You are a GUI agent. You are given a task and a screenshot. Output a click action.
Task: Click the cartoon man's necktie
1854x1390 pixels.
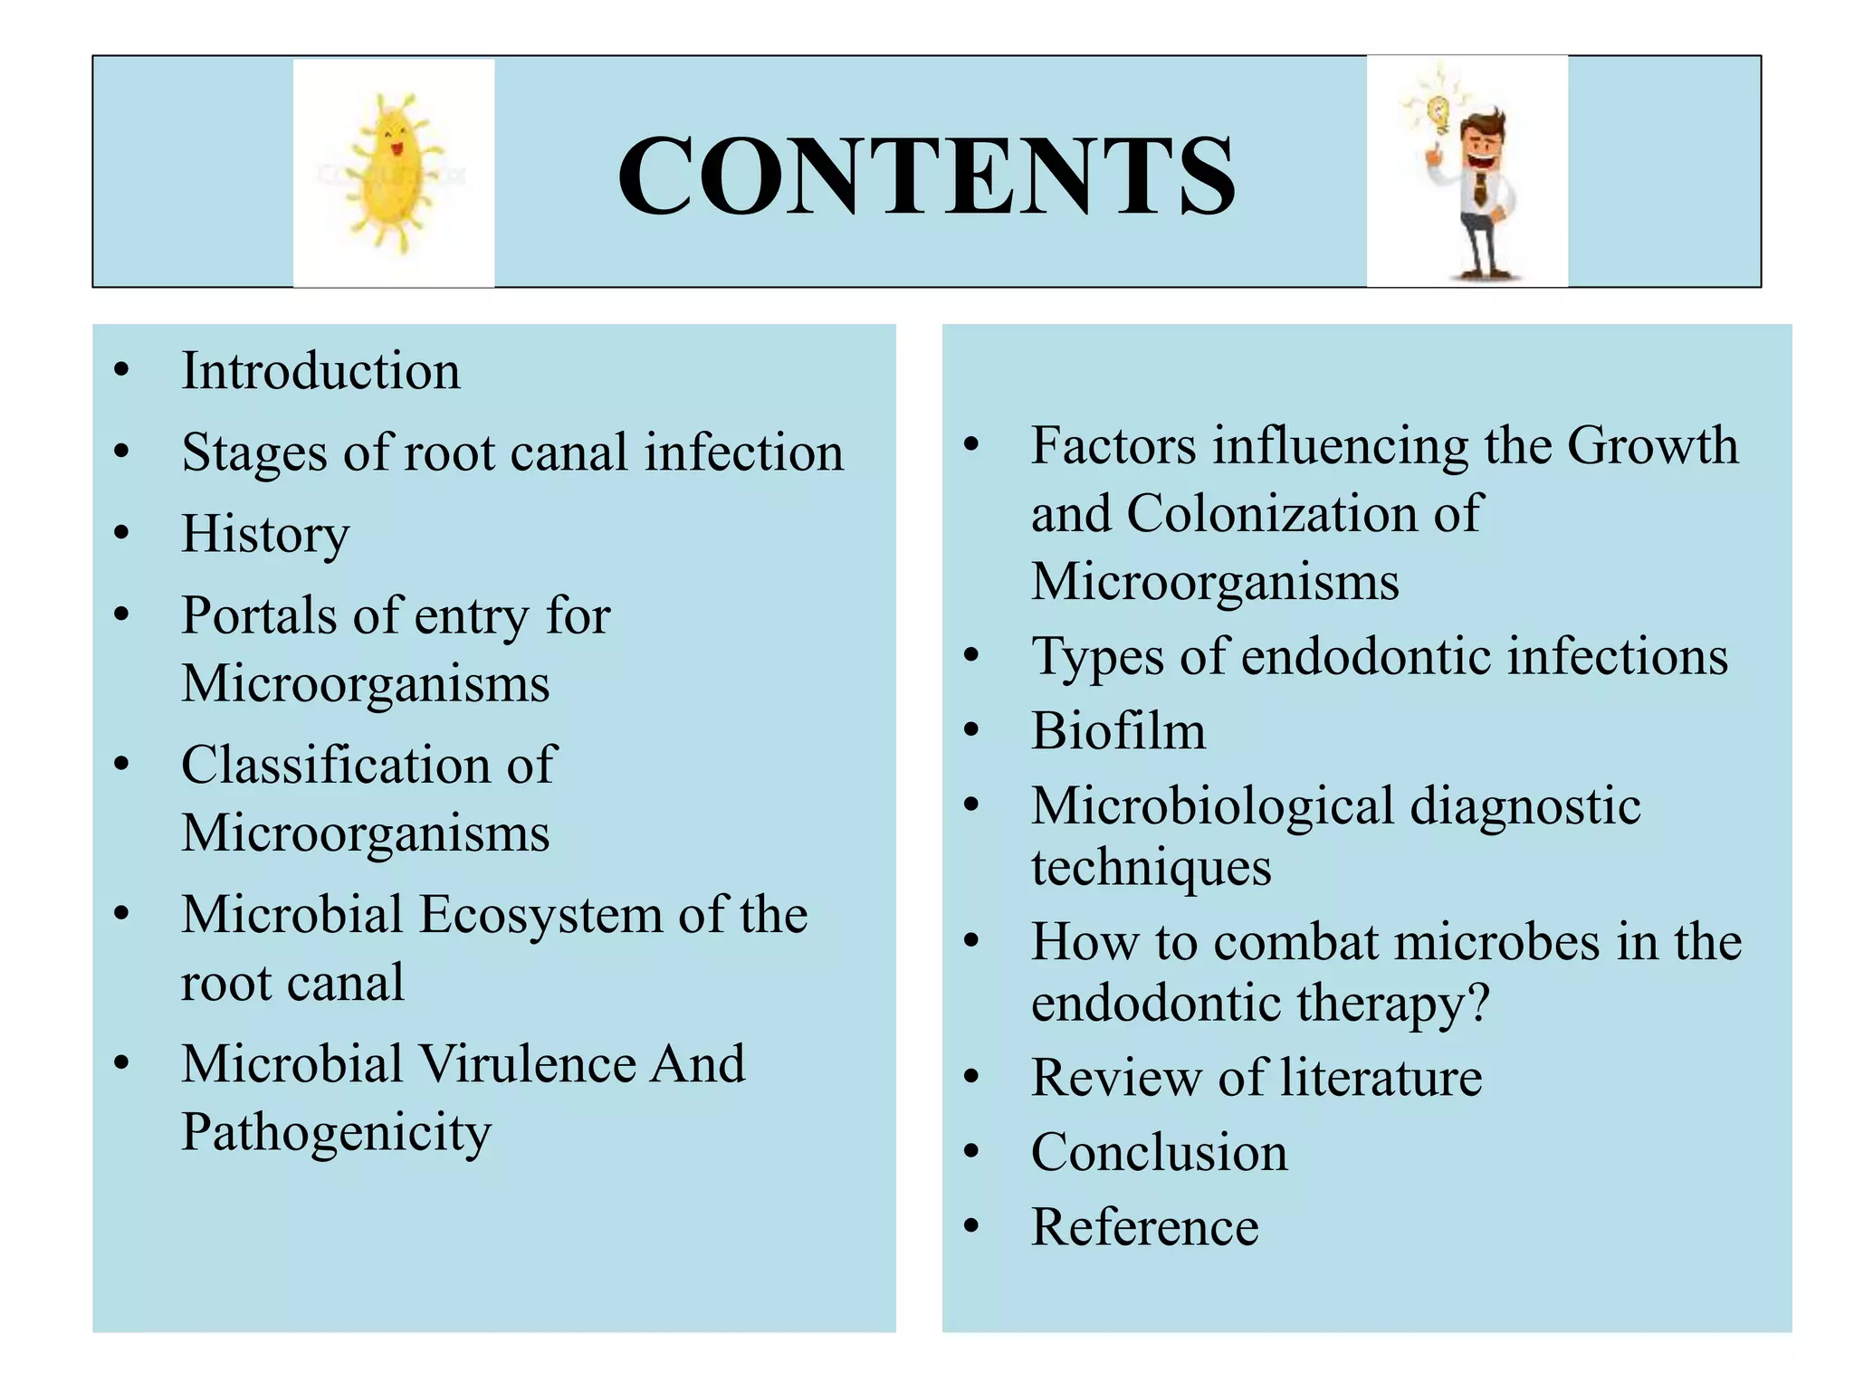[1479, 187]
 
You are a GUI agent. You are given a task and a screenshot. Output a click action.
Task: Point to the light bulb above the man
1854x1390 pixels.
[1437, 114]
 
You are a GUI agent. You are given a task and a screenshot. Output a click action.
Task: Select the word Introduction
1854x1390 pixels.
[320, 371]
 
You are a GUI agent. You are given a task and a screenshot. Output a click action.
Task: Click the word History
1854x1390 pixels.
[265, 534]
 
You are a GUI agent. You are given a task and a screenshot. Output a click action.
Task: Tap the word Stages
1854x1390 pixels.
[253, 452]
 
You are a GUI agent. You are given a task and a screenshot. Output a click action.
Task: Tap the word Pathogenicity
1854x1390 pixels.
[336, 1132]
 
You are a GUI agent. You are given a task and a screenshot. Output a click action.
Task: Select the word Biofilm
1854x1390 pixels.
[1118, 730]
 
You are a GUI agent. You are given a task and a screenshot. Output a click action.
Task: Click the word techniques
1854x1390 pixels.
[1151, 867]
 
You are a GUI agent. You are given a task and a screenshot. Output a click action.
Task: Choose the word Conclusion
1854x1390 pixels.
[1159, 1152]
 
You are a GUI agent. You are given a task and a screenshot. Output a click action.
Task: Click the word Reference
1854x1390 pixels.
[1144, 1227]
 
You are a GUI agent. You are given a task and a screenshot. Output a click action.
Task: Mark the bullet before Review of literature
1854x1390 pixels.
[971, 1077]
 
